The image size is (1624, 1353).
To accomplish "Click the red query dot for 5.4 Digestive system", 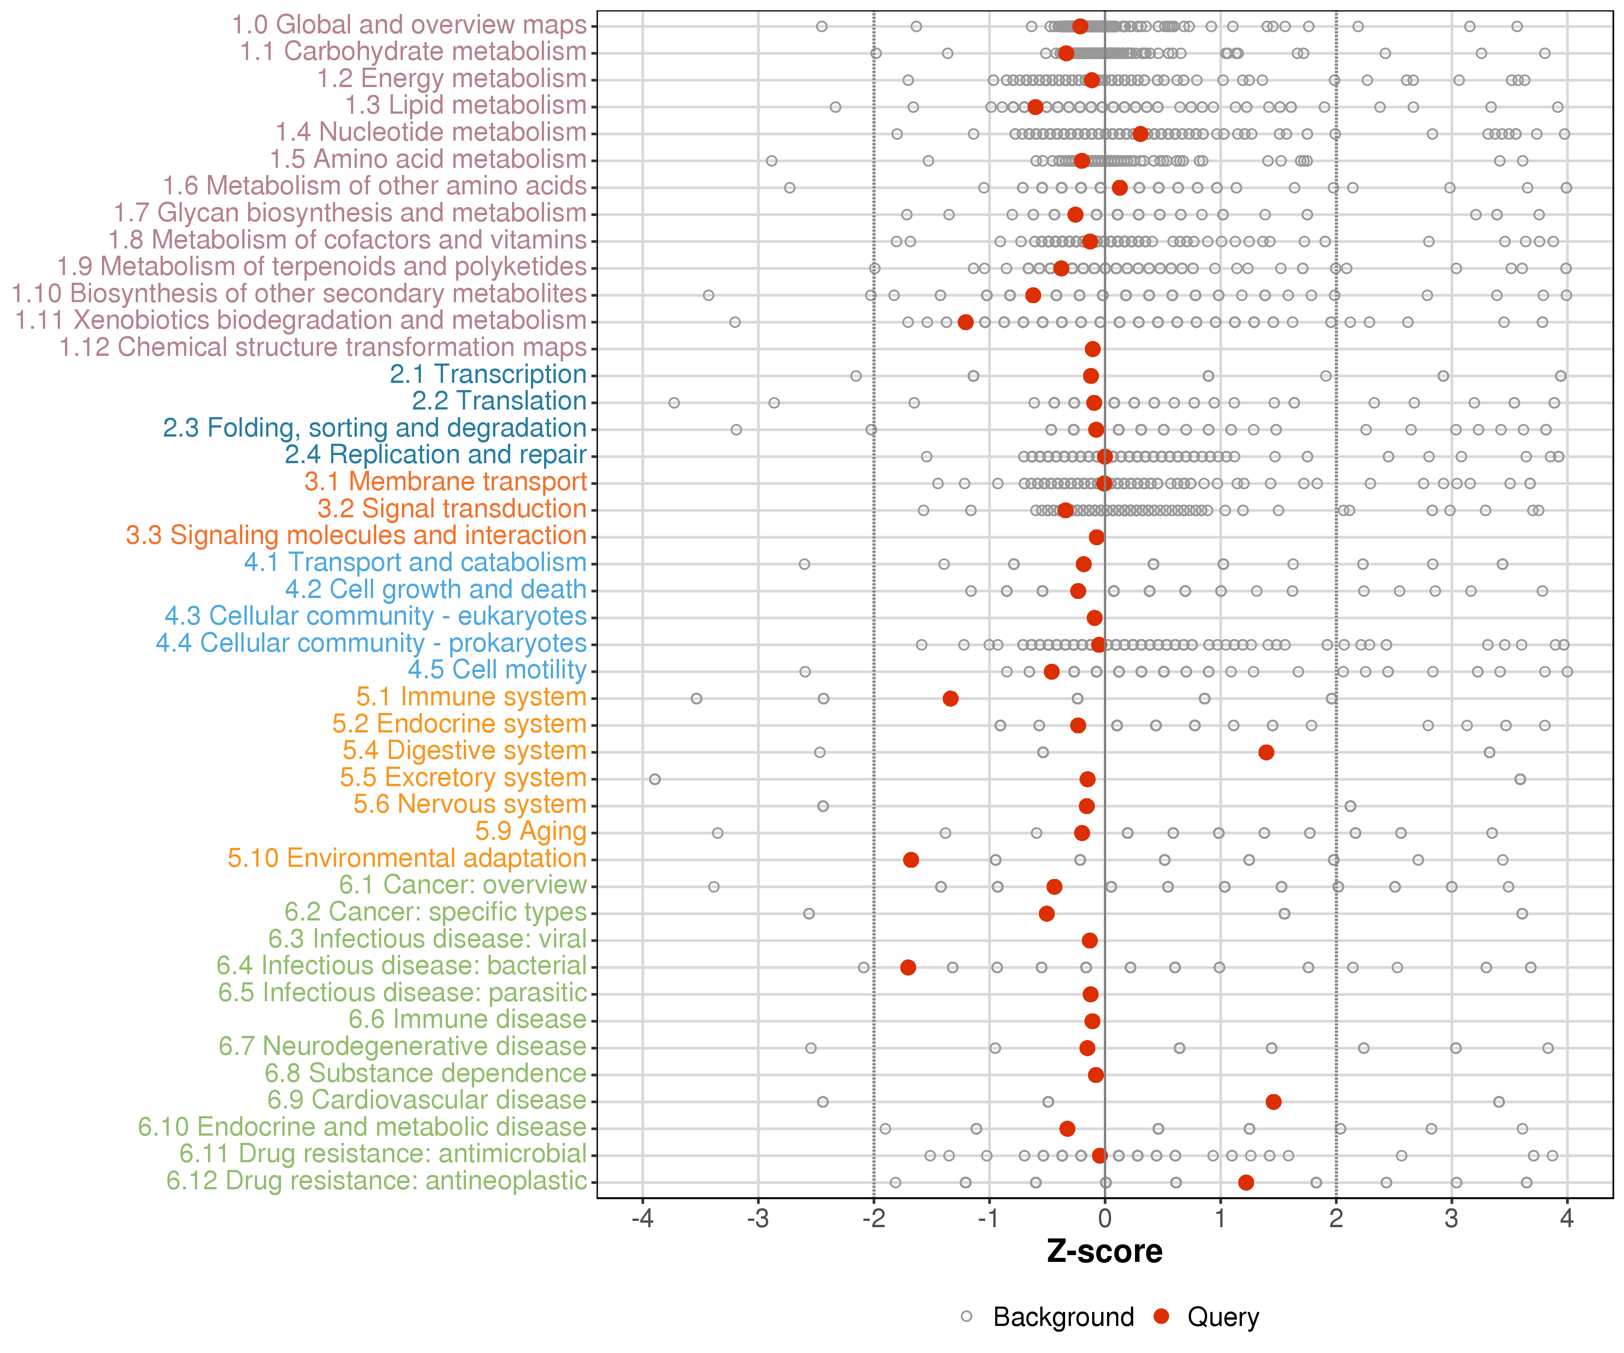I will pyautogui.click(x=1266, y=752).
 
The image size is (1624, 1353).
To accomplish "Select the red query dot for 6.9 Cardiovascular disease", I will pyautogui.click(x=1273, y=1102).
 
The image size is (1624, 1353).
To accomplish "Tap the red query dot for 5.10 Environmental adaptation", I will pyautogui.click(x=911, y=860).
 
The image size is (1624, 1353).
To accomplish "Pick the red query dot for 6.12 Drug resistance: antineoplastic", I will pyautogui.click(x=1246, y=1182).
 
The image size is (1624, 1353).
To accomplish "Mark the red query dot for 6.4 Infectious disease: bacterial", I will pyautogui.click(x=909, y=967).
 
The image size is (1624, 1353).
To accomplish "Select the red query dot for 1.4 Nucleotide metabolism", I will pyautogui.click(x=1140, y=134).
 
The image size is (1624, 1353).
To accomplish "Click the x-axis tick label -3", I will pyautogui.click(x=758, y=1219).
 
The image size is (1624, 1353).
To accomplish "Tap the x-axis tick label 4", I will pyautogui.click(x=1567, y=1219).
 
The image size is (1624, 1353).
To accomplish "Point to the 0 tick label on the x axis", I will pyautogui.click(x=1104, y=1219).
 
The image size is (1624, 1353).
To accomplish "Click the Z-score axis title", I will pyautogui.click(x=1104, y=1252).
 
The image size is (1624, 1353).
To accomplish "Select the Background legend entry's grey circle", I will pyautogui.click(x=967, y=1316).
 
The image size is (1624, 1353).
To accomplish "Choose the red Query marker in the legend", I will pyautogui.click(x=1161, y=1316).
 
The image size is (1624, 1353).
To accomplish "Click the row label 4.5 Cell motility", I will pyautogui.click(x=497, y=670).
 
